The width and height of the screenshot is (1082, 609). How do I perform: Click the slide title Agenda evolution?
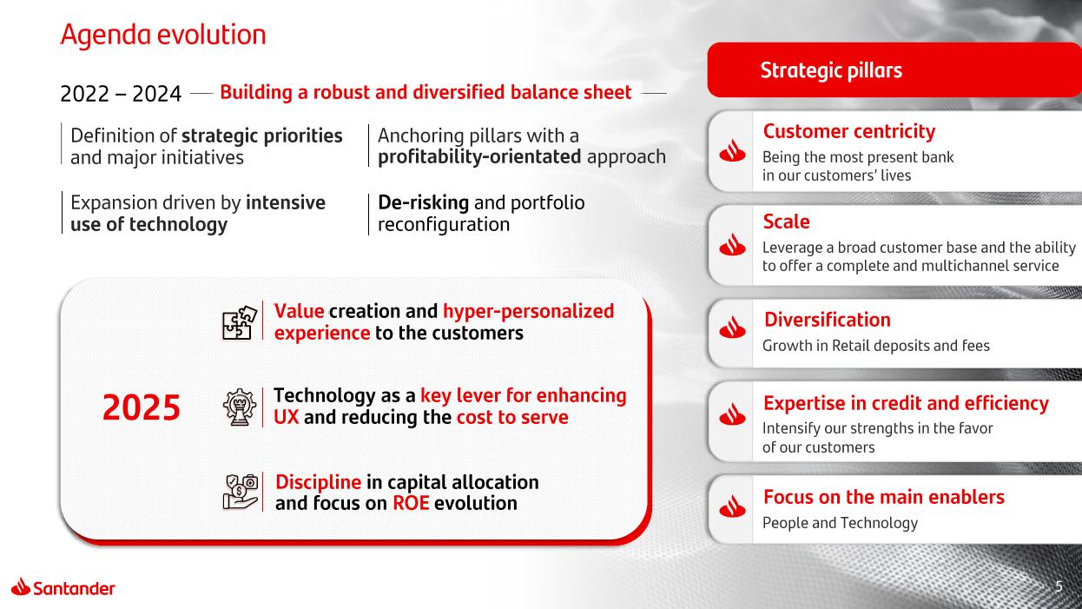(x=163, y=35)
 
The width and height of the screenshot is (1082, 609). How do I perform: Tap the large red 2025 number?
(x=141, y=407)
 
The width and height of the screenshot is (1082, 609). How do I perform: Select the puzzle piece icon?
(x=239, y=323)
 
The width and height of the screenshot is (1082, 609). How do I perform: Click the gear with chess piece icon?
(x=240, y=407)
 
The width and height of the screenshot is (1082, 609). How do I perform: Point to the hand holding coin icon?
(x=240, y=492)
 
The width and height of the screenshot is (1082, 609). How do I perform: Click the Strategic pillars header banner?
(x=894, y=70)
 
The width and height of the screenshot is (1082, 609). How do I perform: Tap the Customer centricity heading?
(x=849, y=131)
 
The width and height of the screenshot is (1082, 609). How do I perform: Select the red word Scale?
(x=787, y=222)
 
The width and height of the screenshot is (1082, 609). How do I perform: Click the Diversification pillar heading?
(x=828, y=320)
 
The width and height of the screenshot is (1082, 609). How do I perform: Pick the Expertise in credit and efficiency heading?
(x=907, y=403)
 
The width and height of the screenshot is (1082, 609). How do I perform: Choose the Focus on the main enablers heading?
(x=884, y=497)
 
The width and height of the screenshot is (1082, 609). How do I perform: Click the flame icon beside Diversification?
(x=732, y=328)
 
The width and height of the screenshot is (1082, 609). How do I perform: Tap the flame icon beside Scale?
(x=732, y=245)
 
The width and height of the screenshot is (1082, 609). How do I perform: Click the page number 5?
(x=1059, y=586)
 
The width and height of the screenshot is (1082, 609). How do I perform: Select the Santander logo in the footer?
(x=63, y=587)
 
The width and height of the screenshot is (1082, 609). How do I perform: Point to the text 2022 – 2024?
(x=121, y=94)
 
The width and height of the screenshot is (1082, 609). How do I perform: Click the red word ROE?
(x=411, y=503)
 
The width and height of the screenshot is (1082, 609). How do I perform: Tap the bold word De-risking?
(x=423, y=203)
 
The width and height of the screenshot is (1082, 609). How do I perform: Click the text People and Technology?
(x=840, y=523)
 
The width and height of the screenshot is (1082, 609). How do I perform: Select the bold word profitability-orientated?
(x=479, y=157)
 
